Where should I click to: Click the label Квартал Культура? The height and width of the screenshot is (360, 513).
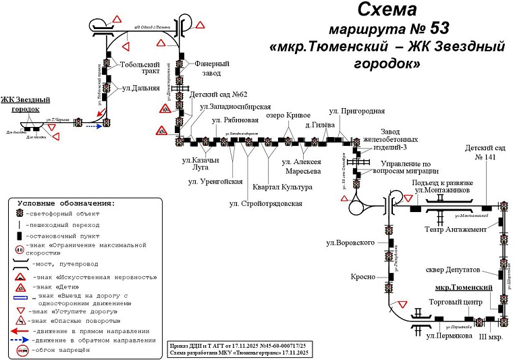tap(282, 187)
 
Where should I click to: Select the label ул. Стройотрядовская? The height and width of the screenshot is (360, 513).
tap(265, 203)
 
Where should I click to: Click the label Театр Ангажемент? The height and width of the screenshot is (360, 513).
tap(456, 230)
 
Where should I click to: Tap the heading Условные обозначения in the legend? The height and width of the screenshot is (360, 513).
tap(66, 203)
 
